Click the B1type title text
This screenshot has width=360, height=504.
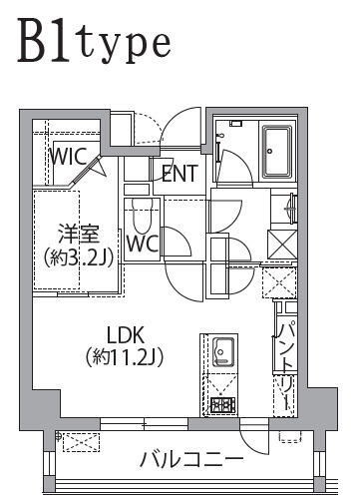pyautogui.click(x=95, y=42)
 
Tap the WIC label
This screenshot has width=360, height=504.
pyautogui.click(x=68, y=156)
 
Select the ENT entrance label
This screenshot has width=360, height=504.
pyautogui.click(x=180, y=174)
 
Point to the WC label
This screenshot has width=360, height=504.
pyautogui.click(x=144, y=244)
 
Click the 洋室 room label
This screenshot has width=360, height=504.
pyautogui.click(x=79, y=234)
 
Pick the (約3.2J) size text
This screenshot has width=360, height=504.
pyautogui.click(x=79, y=257)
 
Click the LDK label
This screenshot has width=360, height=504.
pyautogui.click(x=125, y=335)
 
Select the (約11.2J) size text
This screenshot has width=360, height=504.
pyautogui.click(x=125, y=358)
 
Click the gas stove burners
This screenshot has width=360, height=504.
pyautogui.click(x=223, y=405)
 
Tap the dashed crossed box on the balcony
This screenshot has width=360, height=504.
pyautogui.click(x=81, y=442)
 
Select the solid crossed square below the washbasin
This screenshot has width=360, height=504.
pyautogui.click(x=282, y=245)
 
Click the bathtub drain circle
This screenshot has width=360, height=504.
pyautogui.click(x=270, y=151)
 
